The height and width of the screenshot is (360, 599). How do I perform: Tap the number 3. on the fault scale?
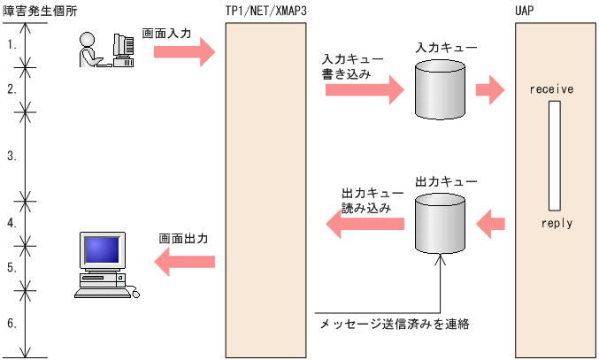pyautogui.click(x=12, y=156)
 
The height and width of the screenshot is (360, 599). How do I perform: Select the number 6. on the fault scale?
pyautogui.click(x=12, y=323)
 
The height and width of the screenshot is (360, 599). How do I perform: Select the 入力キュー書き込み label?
pyautogui.click(x=352, y=67)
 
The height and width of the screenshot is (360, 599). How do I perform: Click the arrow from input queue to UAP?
pyautogui.click(x=489, y=88)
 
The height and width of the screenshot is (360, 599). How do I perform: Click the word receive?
pyautogui.click(x=552, y=90)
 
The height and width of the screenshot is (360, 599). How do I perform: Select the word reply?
pyautogui.click(x=557, y=223)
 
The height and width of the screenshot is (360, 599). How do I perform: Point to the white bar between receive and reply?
pyautogui.click(x=554, y=156)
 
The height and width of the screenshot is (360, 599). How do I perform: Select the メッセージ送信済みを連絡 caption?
pyautogui.click(x=394, y=325)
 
